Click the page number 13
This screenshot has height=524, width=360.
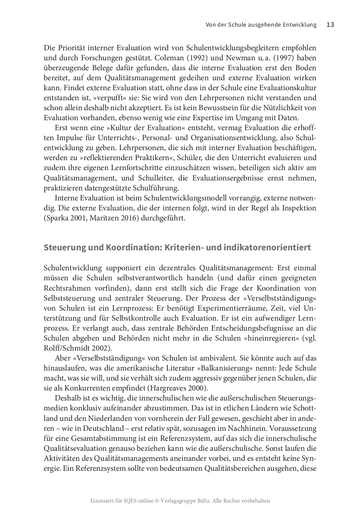click(x=330, y=25)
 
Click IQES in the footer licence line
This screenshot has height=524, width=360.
click(x=128, y=501)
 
